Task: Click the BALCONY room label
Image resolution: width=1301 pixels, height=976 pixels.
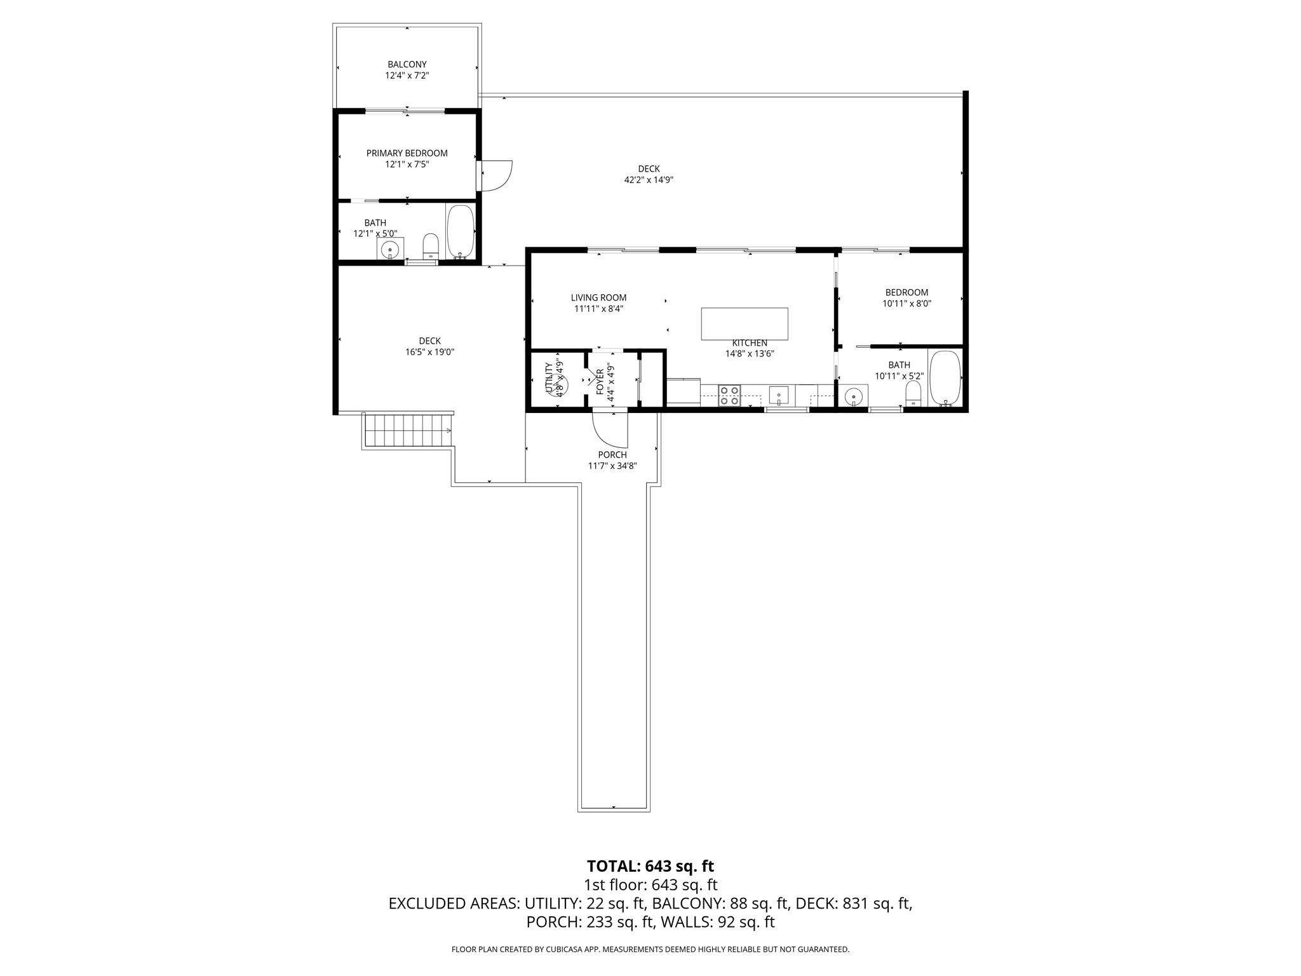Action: (407, 64)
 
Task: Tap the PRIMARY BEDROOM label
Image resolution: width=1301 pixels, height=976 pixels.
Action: (407, 153)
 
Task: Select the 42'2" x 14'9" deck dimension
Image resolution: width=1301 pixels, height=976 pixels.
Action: (649, 180)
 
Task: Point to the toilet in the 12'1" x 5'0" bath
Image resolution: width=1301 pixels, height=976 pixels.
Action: (431, 247)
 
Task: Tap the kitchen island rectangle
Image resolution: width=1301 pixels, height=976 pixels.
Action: (745, 323)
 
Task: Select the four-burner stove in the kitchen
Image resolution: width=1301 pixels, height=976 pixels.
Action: (730, 395)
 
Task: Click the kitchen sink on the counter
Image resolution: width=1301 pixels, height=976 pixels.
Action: (778, 395)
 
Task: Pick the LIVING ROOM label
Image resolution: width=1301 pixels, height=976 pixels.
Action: (598, 297)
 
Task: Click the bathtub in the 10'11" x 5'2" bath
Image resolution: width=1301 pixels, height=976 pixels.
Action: (945, 378)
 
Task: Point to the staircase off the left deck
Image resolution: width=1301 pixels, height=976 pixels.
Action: (407, 431)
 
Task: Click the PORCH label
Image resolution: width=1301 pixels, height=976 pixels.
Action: (612, 454)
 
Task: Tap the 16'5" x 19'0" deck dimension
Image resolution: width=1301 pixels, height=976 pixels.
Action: (430, 351)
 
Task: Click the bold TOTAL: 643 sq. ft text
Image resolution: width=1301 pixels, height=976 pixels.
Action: (650, 865)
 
